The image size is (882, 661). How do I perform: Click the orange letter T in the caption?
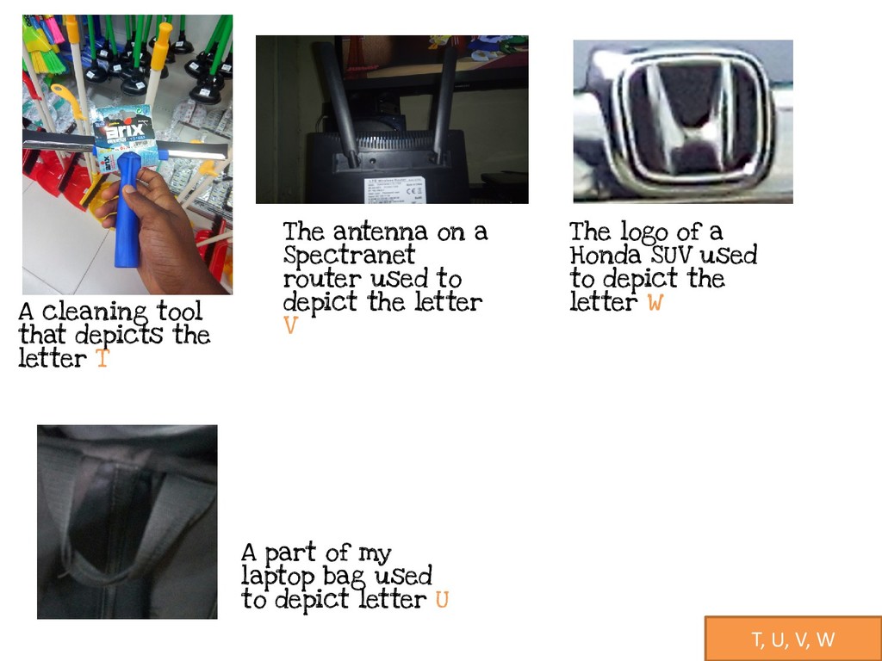coord(102,358)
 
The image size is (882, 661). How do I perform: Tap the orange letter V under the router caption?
coord(290,325)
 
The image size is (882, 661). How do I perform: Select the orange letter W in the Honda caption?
coord(655,302)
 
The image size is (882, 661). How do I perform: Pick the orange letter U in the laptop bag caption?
coord(442,600)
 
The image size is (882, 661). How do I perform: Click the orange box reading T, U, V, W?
coord(793,639)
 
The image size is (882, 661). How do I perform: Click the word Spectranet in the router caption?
coord(349,255)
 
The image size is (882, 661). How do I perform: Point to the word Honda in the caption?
coord(606,255)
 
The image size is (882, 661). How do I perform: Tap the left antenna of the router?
coord(337,103)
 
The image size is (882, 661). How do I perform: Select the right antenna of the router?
coord(445,104)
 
